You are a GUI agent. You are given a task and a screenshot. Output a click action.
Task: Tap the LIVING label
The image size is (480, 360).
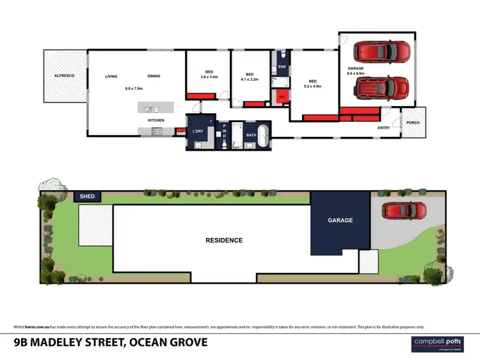pyautogui.click(x=111, y=76)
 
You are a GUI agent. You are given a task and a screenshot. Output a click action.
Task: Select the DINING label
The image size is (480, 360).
pyautogui.click(x=154, y=76)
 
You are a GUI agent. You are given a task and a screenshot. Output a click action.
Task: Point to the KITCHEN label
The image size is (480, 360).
pyautogui.click(x=156, y=120)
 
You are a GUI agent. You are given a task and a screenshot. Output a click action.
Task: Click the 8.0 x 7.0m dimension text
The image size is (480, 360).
pyautogui.click(x=133, y=88)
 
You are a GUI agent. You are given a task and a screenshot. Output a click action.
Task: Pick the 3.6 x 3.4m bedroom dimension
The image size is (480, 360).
pyautogui.click(x=209, y=77)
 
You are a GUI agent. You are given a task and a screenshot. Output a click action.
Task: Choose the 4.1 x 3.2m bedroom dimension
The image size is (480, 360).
pyautogui.click(x=249, y=79)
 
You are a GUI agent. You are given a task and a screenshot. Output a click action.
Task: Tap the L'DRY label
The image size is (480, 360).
pyautogui.click(x=198, y=132)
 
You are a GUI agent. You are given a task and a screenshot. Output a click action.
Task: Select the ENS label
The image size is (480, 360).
pyautogui.click(x=281, y=67)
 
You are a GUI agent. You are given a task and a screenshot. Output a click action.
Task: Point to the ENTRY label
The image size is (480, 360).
pyautogui.click(x=383, y=128)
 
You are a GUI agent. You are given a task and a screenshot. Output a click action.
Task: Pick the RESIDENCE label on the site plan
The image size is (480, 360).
pyautogui.click(x=224, y=240)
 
